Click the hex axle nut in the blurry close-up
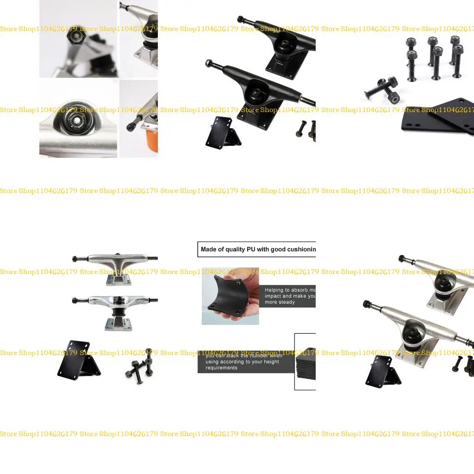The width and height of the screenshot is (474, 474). pos(74,33)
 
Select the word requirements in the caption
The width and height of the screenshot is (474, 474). pos(221,368)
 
